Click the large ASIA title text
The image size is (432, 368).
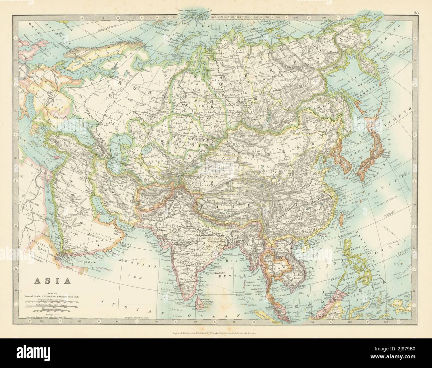click(52, 281)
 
